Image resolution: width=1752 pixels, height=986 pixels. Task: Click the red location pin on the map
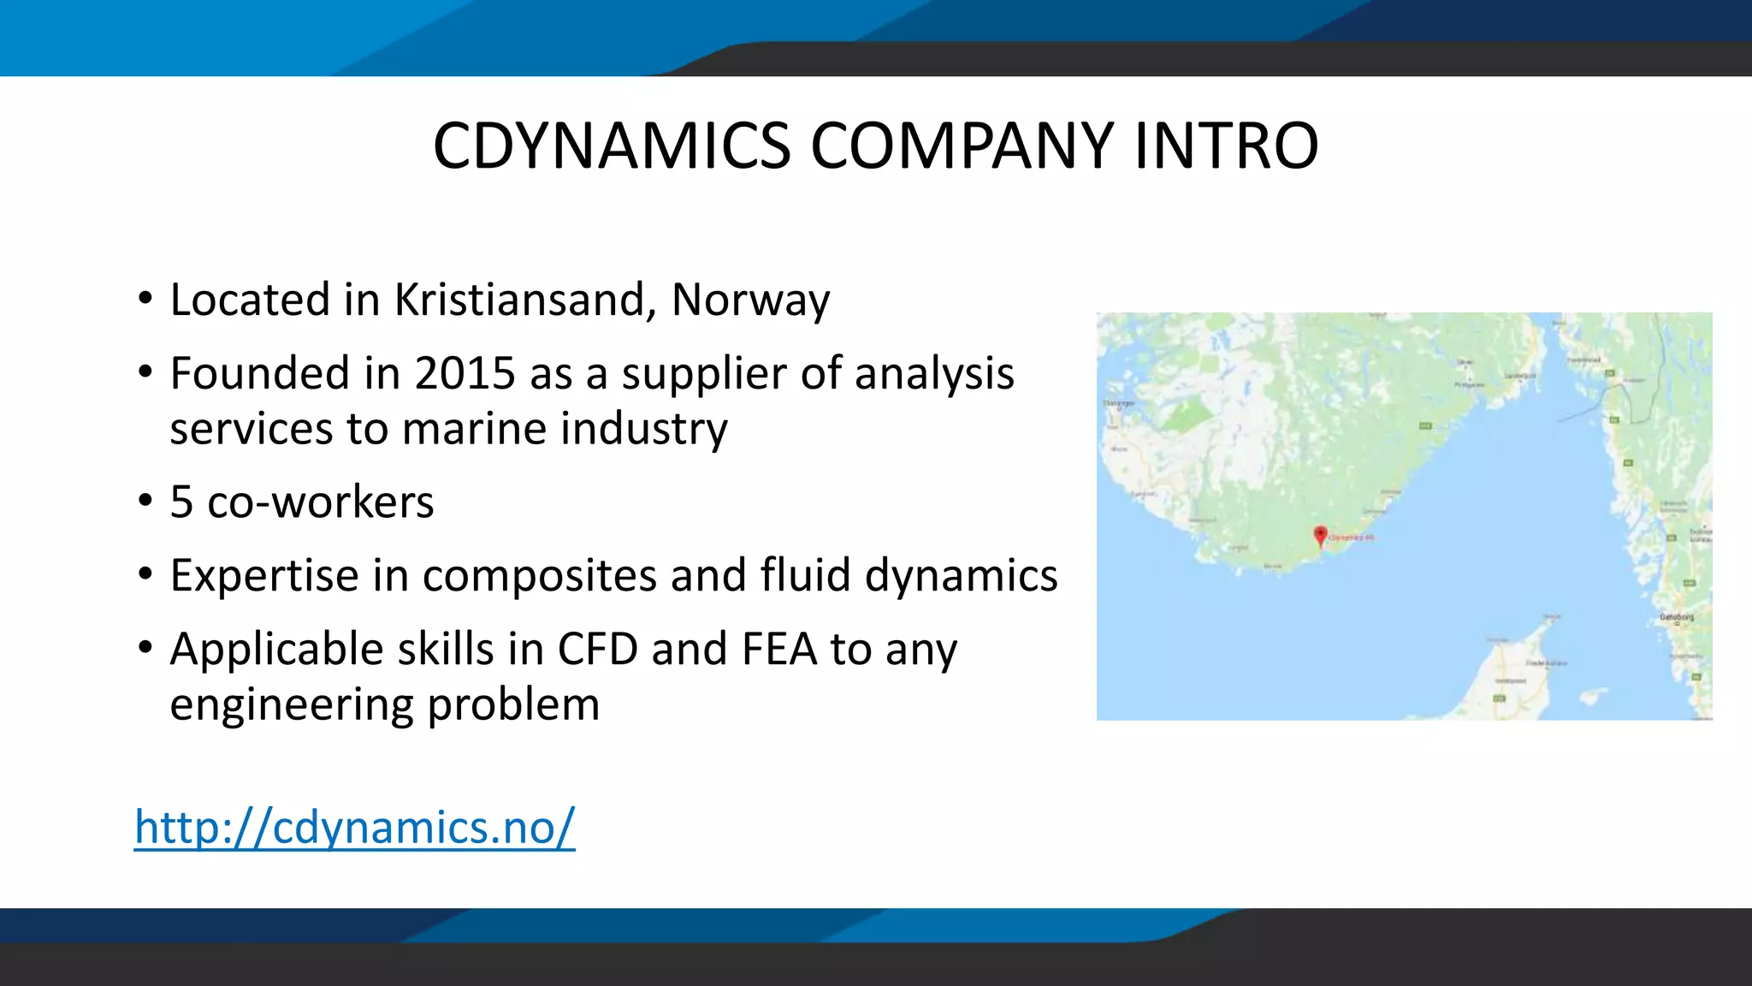(1320, 535)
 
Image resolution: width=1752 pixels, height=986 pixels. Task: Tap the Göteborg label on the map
(1676, 616)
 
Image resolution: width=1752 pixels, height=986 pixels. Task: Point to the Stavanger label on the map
(1119, 402)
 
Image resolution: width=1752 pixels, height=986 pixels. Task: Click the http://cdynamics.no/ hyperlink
(354, 827)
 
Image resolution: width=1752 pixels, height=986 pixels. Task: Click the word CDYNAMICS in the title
(612, 146)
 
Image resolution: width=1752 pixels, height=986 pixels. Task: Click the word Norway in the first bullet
(750, 300)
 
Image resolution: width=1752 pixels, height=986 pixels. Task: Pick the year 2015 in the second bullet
(465, 373)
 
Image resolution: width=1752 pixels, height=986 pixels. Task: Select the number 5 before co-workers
(181, 502)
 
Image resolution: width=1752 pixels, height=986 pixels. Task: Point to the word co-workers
(321, 502)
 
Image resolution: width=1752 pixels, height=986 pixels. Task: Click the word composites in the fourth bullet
(540, 575)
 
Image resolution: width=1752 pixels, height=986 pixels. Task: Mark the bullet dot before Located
(145, 300)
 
